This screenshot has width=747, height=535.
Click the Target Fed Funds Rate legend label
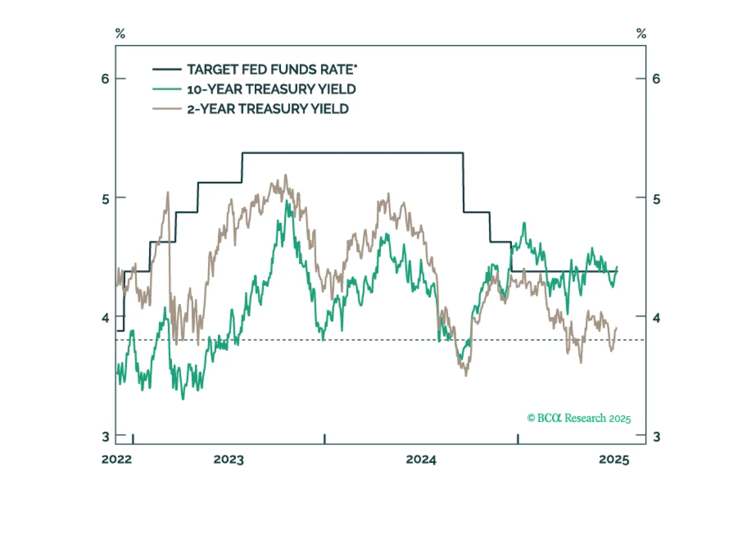(272, 70)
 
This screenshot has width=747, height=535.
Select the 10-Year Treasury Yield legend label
(271, 89)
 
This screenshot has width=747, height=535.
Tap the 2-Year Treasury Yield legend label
(267, 109)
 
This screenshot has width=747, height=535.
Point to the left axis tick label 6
(105, 79)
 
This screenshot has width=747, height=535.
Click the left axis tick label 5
(105, 199)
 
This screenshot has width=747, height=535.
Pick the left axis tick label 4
(105, 318)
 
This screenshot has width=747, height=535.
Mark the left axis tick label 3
(105, 437)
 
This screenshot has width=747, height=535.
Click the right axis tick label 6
(656, 79)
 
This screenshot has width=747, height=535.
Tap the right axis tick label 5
(656, 199)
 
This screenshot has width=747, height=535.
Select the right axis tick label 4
(656, 318)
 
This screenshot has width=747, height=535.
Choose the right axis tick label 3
(656, 437)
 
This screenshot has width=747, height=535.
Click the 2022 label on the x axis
(116, 459)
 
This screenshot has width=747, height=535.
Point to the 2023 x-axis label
(229, 460)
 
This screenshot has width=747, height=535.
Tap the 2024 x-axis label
(421, 460)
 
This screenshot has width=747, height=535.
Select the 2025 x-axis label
(614, 460)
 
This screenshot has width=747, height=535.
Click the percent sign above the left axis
(120, 34)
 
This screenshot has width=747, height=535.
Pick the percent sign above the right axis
(641, 34)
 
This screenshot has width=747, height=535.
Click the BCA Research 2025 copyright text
(579, 418)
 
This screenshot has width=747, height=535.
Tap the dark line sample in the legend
(167, 70)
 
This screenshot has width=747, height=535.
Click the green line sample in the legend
(167, 89)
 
